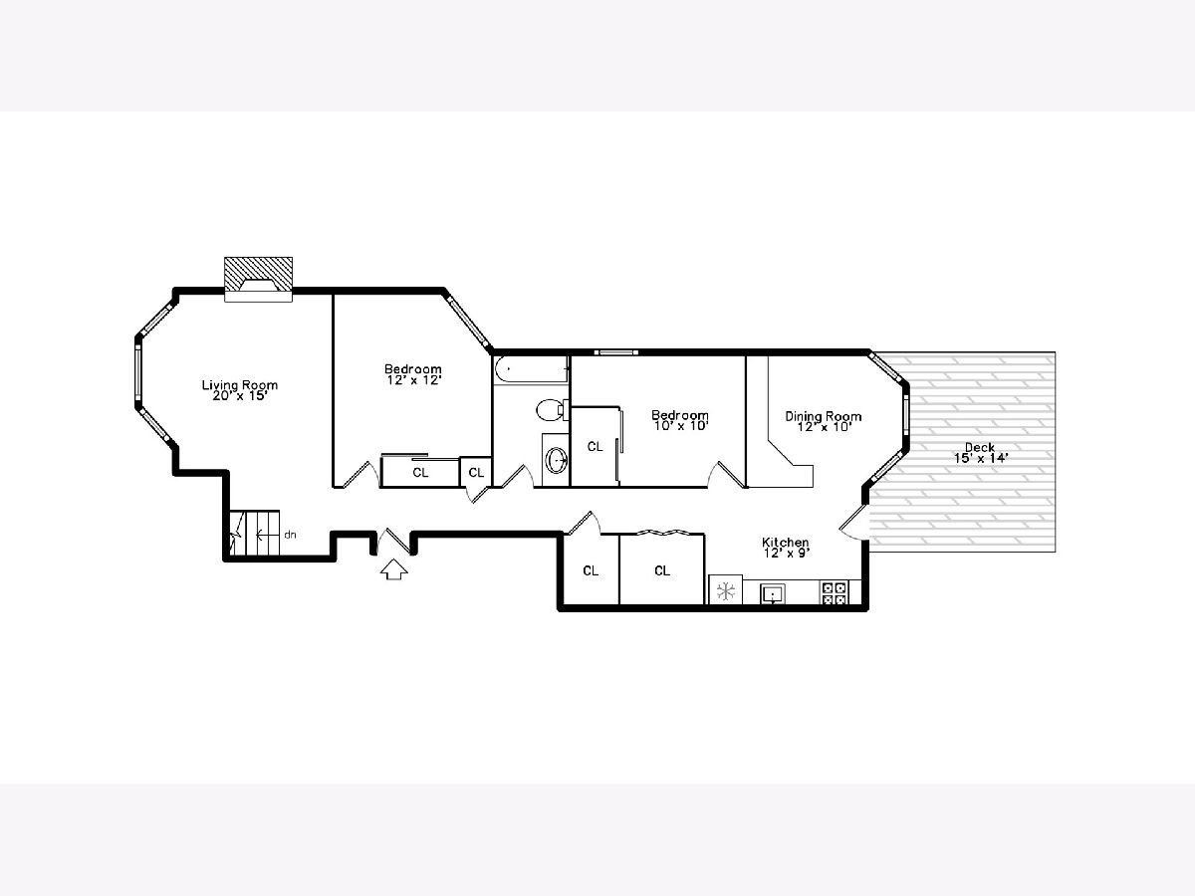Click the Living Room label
coord(240,385)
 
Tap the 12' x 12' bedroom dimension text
coord(413,380)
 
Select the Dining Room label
coord(824,417)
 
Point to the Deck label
coord(980,447)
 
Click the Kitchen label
coord(785,543)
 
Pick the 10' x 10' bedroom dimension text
coord(680,426)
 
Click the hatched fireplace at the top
coord(259,279)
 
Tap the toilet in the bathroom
coord(552,409)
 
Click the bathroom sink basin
coord(557,461)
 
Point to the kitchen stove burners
coord(835,593)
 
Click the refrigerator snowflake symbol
coord(726,591)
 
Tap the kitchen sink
coord(773,593)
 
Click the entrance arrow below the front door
coord(393,570)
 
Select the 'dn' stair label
coord(290,535)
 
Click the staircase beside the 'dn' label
coord(254,534)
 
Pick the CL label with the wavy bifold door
coord(662,570)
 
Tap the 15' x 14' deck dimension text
coord(981,458)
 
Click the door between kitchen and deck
coord(853,523)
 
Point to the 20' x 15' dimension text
coord(240,395)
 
